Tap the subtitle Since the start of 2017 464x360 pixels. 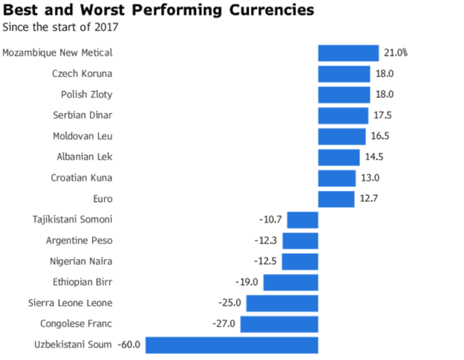tap(60, 28)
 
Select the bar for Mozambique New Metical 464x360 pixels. tap(348, 53)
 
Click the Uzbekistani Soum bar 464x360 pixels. tap(232, 345)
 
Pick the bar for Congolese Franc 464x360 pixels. tap(279, 324)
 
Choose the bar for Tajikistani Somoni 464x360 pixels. tap(303, 220)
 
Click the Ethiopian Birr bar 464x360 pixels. tap(291, 283)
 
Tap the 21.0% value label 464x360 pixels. tap(396, 53)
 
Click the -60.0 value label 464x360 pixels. tap(130, 345)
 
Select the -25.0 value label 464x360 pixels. tap(229, 304)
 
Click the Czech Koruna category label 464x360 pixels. tap(82, 73)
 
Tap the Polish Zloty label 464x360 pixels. tap(87, 94)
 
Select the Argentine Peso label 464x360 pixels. tap(79, 240)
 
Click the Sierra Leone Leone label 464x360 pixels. tap(70, 304)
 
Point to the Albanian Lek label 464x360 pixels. tap(85, 157)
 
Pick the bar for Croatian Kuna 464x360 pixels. tap(337, 178)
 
